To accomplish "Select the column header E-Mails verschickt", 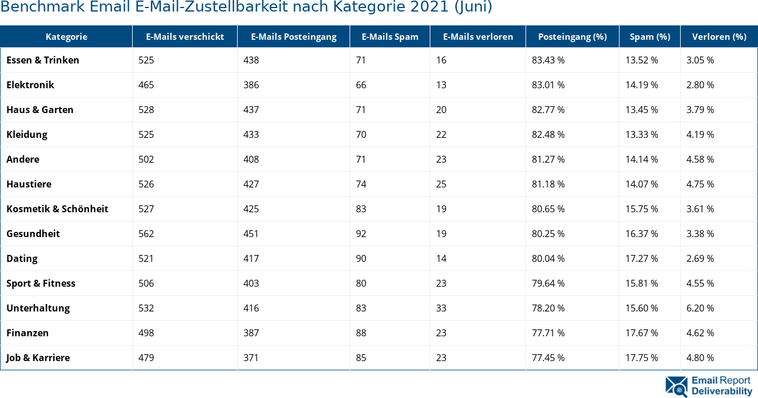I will (x=185, y=37).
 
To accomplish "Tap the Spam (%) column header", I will (x=650, y=37).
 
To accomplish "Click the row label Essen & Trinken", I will (x=43, y=60).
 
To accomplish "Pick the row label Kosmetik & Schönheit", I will (x=57, y=209).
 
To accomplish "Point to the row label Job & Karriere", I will (x=38, y=358).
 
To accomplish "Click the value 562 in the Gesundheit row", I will (x=147, y=234).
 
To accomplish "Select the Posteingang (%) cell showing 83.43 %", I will (x=548, y=60).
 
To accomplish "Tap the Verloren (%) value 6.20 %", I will (x=700, y=308).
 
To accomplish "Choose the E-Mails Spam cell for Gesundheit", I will (x=361, y=234).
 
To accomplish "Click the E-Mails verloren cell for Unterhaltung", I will (x=441, y=308).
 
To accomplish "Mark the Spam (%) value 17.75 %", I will (x=641, y=358).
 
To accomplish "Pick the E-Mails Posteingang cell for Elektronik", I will (x=251, y=85).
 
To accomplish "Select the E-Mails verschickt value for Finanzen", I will (x=147, y=333).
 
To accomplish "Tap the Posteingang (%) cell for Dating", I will (x=548, y=258).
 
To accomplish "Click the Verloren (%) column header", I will (x=719, y=37).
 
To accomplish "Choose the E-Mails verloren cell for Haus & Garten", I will (x=441, y=110).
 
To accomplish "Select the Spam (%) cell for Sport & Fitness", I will (x=641, y=283).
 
